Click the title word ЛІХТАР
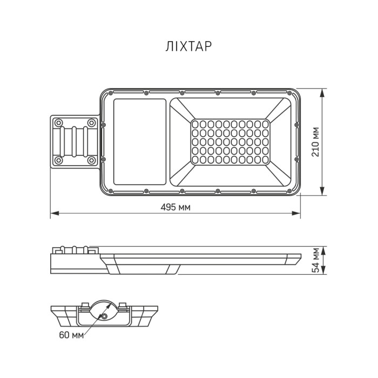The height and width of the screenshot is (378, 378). click(x=188, y=46)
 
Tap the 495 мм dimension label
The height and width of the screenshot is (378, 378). click(x=176, y=207)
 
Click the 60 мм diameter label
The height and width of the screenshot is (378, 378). click(x=71, y=335)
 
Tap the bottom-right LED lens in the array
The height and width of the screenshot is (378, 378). click(x=266, y=160)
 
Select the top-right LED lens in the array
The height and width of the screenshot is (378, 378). click(x=266, y=124)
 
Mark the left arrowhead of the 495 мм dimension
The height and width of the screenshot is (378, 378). click(x=52, y=214)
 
